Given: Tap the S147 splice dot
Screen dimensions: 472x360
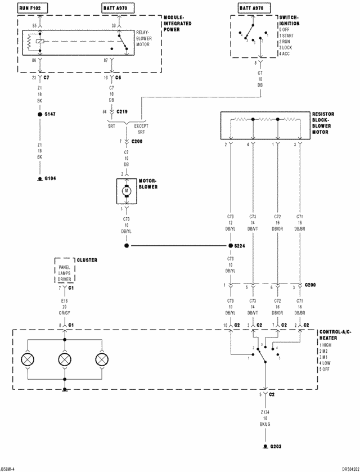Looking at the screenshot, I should click(x=40, y=114).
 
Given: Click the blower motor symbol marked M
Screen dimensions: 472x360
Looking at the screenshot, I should click(x=127, y=191).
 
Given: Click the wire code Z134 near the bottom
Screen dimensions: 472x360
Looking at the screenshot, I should click(x=264, y=412).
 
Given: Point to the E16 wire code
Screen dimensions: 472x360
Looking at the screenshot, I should click(x=65, y=301).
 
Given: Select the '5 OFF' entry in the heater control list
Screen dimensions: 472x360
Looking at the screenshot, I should click(x=326, y=370).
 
